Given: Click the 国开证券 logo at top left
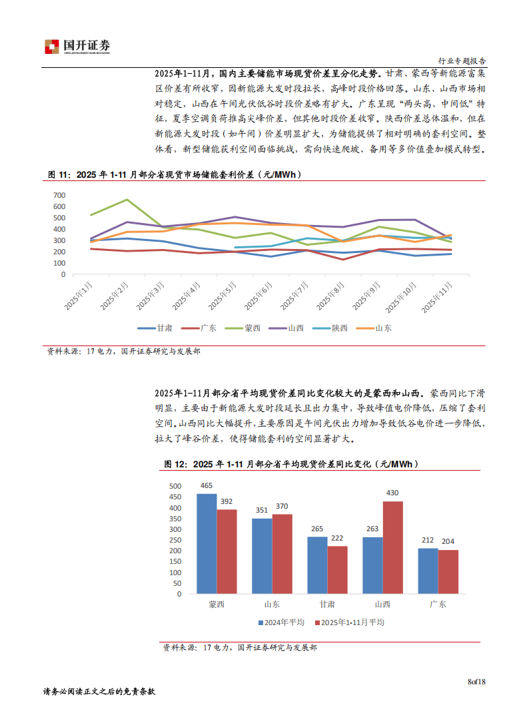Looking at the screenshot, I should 77,46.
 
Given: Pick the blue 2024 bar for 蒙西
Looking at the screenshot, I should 207,543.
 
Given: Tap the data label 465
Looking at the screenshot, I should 207,486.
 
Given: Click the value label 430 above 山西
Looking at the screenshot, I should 392,493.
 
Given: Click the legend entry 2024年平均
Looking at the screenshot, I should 282,622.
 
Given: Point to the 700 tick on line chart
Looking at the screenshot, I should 59,195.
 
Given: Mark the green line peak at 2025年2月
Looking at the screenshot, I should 127,200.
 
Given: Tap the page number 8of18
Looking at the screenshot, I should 477,681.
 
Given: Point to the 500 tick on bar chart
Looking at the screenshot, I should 175,486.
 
